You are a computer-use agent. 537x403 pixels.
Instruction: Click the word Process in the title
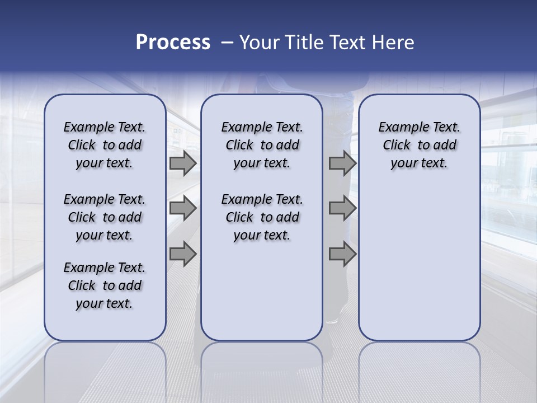point(173,43)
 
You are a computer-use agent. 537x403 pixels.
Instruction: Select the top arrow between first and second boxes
point(183,163)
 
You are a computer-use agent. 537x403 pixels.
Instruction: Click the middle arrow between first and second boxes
point(183,209)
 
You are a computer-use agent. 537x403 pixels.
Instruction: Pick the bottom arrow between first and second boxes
point(183,254)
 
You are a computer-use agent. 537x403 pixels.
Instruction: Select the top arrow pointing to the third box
point(342,163)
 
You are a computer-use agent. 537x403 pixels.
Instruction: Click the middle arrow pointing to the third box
point(342,209)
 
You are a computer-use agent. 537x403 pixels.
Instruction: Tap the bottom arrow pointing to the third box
point(342,254)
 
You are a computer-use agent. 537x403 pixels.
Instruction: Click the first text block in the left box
point(105,145)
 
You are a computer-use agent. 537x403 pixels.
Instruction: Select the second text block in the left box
point(105,217)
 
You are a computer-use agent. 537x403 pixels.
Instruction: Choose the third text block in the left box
point(105,285)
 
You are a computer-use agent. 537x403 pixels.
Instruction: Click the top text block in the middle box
point(262,145)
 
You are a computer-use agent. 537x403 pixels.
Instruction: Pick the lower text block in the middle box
point(262,217)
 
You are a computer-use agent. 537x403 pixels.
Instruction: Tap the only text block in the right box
point(419,145)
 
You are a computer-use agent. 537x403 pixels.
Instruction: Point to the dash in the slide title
point(227,43)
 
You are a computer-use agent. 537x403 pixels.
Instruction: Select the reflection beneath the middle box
point(262,369)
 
